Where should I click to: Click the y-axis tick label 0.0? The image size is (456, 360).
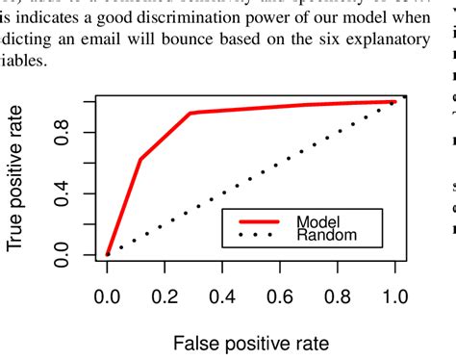pyautogui.click(x=62, y=229)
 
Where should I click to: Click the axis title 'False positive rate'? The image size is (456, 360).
pyautogui.click(x=251, y=342)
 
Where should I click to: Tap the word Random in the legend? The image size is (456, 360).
pyautogui.click(x=327, y=234)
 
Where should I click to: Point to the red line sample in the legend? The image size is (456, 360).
pyautogui.click(x=257, y=219)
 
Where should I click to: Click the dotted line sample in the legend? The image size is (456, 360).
pyautogui.click(x=257, y=234)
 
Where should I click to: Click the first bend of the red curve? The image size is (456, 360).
pyautogui.click(x=140, y=159)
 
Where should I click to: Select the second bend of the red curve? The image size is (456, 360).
pyautogui.click(x=190, y=114)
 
